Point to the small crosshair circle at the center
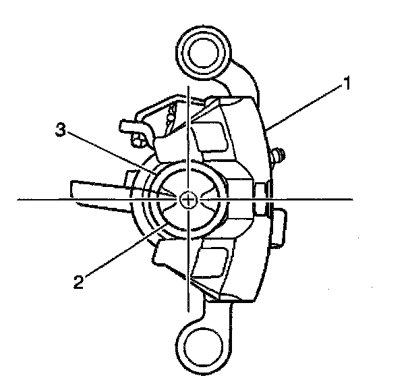click(x=190, y=199)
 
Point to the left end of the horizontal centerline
click(x=18, y=200)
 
